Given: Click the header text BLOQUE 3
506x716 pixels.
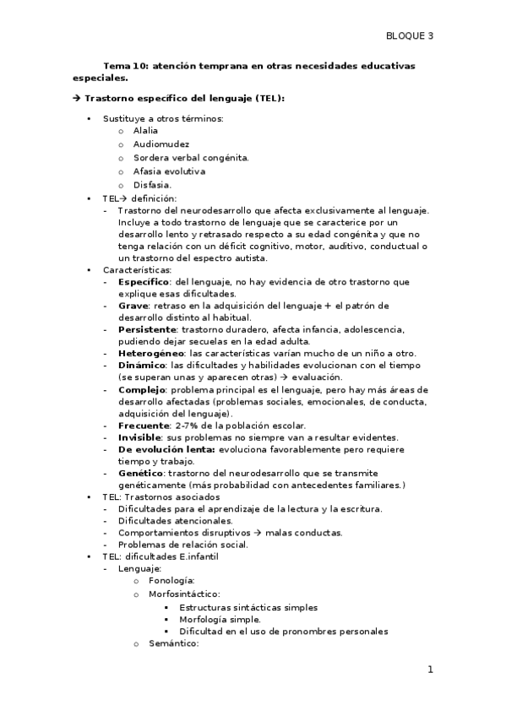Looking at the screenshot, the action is (x=409, y=35).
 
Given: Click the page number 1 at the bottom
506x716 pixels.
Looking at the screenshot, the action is (x=430, y=670).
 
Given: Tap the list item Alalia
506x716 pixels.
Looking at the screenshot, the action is (x=145, y=131).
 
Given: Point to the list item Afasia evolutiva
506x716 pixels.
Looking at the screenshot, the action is (x=169, y=171).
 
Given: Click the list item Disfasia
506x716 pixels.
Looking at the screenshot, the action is (x=152, y=185).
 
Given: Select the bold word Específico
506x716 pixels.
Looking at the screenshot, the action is (x=144, y=281).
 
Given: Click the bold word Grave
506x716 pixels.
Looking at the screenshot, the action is (x=133, y=305).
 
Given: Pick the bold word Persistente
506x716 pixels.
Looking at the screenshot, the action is (x=146, y=328).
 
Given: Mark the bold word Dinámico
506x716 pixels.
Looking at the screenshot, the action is (x=142, y=364).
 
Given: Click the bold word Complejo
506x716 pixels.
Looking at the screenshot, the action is (x=142, y=389).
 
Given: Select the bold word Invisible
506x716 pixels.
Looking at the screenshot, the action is (x=140, y=437).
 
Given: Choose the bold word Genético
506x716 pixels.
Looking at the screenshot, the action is (x=140, y=473).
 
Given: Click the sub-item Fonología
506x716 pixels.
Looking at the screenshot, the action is (x=171, y=581).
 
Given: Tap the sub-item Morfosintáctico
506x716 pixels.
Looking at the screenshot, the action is (x=183, y=594).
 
